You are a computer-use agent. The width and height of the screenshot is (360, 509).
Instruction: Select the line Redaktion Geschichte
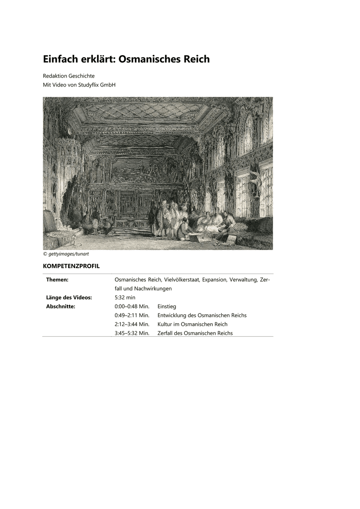point(69,76)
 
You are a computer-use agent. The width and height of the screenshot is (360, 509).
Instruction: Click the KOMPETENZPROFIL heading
point(71,266)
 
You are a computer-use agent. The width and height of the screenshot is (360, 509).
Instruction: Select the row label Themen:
point(57,280)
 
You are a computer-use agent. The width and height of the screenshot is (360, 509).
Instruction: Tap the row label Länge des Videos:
point(69,297)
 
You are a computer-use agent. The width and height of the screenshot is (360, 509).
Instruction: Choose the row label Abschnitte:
point(61,306)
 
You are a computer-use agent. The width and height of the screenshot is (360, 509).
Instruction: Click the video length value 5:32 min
point(125,297)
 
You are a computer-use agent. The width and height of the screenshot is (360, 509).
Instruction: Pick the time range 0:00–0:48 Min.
point(132,306)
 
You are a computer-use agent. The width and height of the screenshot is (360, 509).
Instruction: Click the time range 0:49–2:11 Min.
point(132,315)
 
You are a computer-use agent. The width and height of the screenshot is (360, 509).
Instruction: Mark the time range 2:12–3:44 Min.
point(132,324)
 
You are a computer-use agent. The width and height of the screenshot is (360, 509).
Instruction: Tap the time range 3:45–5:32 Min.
point(132,333)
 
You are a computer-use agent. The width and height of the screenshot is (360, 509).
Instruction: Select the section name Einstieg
point(167,306)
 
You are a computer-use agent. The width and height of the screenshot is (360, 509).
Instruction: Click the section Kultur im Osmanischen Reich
point(192,324)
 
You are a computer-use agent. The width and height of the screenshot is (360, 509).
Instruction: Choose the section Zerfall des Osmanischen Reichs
point(195,333)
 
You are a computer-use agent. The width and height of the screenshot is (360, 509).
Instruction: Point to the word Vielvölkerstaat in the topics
point(181,280)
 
